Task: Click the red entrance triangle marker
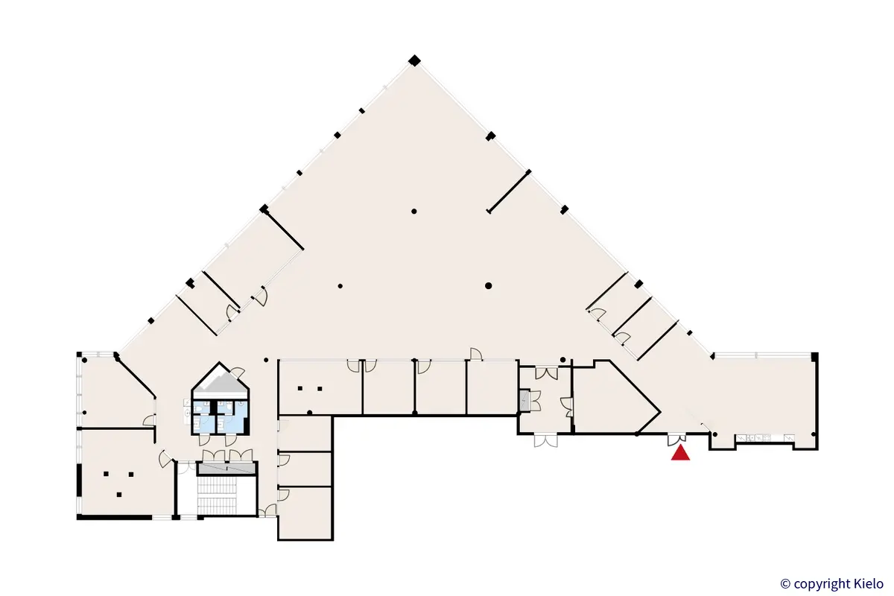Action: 680,453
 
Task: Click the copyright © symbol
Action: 785,584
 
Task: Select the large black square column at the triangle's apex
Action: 414,60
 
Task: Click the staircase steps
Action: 217,496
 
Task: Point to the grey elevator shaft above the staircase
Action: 226,469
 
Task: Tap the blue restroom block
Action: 221,417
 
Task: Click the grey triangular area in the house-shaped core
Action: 221,382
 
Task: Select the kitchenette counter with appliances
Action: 766,438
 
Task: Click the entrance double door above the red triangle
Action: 677,440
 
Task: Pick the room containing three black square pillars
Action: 126,474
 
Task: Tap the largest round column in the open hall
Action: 488,286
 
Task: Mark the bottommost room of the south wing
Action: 305,513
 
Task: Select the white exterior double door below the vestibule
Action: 545,441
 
